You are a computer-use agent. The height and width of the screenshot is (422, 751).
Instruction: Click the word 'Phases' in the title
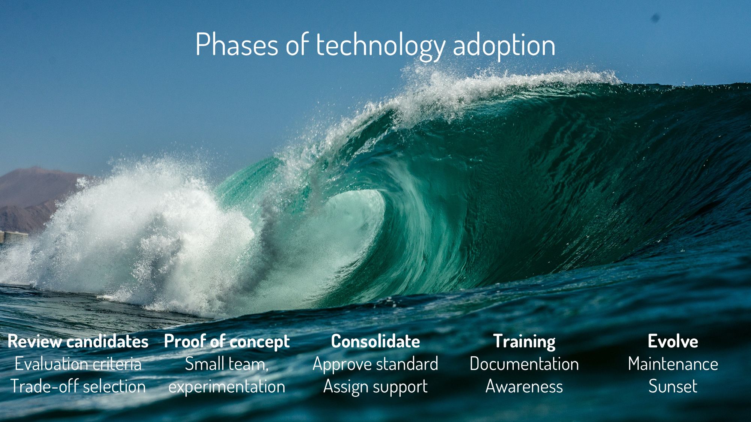tap(237, 45)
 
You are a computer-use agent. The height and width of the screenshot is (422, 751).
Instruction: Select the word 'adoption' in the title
tap(504, 46)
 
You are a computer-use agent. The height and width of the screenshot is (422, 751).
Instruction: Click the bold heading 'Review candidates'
tap(78, 342)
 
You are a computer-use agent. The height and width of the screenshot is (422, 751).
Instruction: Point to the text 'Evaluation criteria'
tap(78, 364)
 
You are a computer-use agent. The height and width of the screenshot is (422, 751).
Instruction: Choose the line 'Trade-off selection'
tap(78, 387)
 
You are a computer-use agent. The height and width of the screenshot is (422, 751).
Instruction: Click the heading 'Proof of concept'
tap(227, 342)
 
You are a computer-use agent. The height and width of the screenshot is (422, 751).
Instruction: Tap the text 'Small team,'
tap(227, 364)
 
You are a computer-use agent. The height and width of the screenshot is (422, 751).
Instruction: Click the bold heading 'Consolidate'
tap(375, 342)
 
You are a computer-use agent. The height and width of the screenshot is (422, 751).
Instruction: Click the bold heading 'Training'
tap(524, 342)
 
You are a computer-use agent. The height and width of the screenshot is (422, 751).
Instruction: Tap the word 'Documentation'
tap(524, 364)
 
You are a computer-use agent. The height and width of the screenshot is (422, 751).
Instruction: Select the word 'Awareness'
tap(524, 387)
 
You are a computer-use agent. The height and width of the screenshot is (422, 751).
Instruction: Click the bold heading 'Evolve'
tap(673, 342)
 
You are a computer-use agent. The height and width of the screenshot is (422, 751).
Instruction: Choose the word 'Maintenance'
tap(673, 364)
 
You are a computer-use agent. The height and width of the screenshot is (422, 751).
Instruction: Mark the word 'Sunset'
tap(673, 387)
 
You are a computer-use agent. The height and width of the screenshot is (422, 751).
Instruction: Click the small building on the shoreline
tap(13, 237)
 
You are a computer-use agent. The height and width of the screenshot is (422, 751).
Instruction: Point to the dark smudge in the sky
tap(656, 18)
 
